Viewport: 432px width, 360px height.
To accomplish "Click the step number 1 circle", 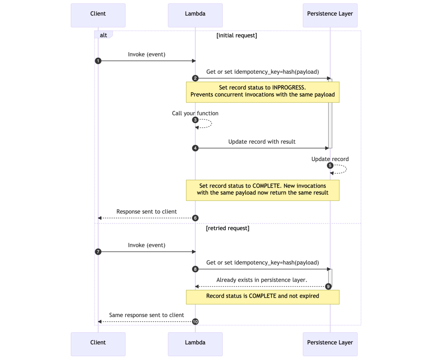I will pos(98,61).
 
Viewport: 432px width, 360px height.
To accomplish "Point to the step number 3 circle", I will pos(195,120).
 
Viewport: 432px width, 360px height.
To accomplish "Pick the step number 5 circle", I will pos(330,166).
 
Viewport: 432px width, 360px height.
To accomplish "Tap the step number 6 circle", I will pos(195,218).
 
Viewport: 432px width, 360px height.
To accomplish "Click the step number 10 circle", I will pos(195,322).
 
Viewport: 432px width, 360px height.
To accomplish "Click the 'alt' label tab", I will pos(103,35).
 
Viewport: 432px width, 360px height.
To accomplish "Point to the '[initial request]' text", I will pos(237,35).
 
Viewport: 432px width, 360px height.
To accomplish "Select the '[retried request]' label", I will pos(228,228).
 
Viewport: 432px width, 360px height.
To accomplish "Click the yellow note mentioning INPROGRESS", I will pos(262,91).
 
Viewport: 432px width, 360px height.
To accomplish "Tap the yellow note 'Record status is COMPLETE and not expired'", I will pos(262,296).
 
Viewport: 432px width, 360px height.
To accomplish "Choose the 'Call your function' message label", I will pos(195,113).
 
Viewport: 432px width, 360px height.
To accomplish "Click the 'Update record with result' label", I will pos(262,142).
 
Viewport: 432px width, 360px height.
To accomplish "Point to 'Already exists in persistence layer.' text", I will pos(262,280).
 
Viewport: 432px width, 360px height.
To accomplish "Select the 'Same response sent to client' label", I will pos(146,315).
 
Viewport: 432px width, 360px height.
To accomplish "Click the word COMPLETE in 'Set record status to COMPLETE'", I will pos(268,185).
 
